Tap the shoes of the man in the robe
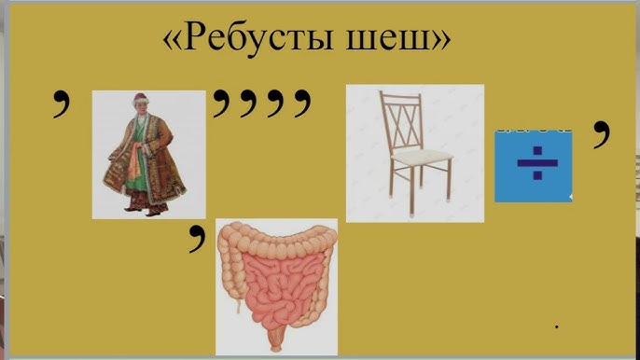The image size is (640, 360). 145,209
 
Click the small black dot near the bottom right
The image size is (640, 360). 558,326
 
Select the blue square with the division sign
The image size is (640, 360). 533,166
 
